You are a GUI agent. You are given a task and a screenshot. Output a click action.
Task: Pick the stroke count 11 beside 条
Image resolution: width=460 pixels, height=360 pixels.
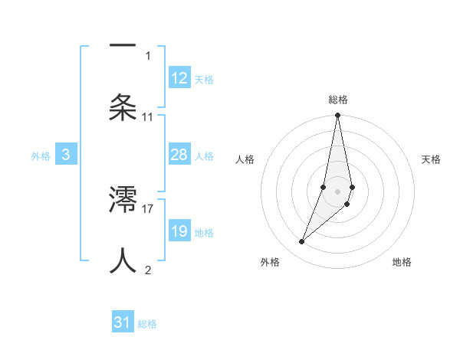pos(148,116)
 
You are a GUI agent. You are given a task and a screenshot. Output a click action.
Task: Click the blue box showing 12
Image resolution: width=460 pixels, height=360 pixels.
pos(179,78)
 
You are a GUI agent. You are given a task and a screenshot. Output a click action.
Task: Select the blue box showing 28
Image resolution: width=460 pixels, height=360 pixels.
pos(179,155)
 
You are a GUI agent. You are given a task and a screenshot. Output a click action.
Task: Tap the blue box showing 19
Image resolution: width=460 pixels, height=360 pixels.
pos(179,231)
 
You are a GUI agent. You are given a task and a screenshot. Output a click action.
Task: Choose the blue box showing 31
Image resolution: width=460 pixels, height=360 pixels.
pos(123,322)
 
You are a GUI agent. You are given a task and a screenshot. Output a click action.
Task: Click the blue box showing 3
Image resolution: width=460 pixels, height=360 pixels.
pos(66,155)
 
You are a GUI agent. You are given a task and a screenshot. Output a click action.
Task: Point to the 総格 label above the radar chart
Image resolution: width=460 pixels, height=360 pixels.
pos(338,100)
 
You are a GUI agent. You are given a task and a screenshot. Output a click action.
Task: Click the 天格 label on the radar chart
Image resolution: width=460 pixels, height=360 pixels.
pos(432,159)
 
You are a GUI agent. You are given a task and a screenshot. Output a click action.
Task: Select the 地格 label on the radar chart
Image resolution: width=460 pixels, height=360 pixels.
pos(402,262)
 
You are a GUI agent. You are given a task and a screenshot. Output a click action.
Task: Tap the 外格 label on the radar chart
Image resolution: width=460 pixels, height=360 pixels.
pos(270,262)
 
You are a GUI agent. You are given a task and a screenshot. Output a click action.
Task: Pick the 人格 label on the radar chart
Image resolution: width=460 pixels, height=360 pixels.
pos(245,159)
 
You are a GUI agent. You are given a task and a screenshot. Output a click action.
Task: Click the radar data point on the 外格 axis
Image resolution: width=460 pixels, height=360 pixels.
pos(302,242)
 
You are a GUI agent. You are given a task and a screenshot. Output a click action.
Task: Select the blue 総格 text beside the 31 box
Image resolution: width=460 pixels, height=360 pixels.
pos(147,324)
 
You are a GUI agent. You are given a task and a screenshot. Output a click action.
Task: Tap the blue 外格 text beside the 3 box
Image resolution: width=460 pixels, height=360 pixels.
pos(41,155)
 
